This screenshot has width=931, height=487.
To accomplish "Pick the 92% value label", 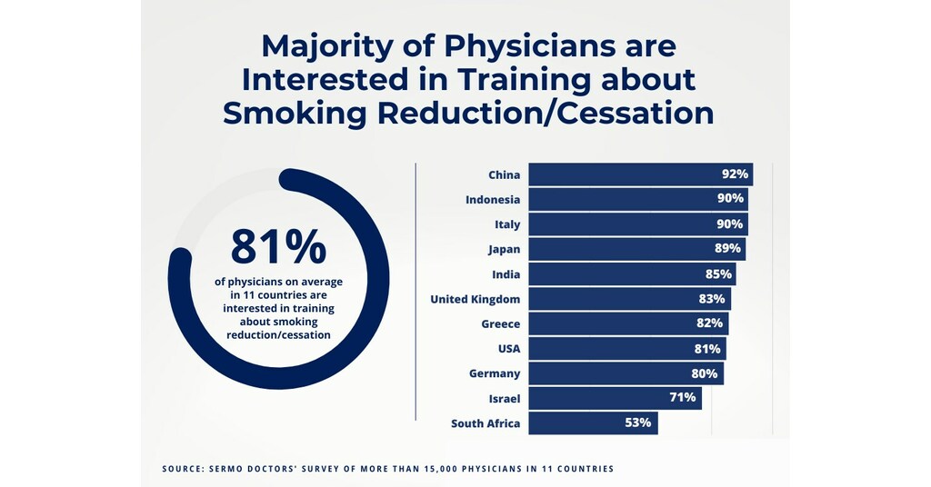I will pos(736,174).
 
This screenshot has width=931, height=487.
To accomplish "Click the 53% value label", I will pos(639,423).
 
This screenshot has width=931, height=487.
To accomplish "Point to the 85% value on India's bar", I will pos(718,273).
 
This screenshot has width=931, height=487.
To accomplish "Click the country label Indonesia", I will pos(493,200).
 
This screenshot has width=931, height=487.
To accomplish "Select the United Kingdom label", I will pos(476,299).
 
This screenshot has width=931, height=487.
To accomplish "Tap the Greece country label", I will pos(501,323).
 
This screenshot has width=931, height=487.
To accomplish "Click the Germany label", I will pos(495,373).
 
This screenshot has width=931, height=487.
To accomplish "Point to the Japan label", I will pos(503,249).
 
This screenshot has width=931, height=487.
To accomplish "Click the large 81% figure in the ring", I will pos(278,246).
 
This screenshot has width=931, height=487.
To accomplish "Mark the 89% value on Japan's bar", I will pos(728,249).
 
